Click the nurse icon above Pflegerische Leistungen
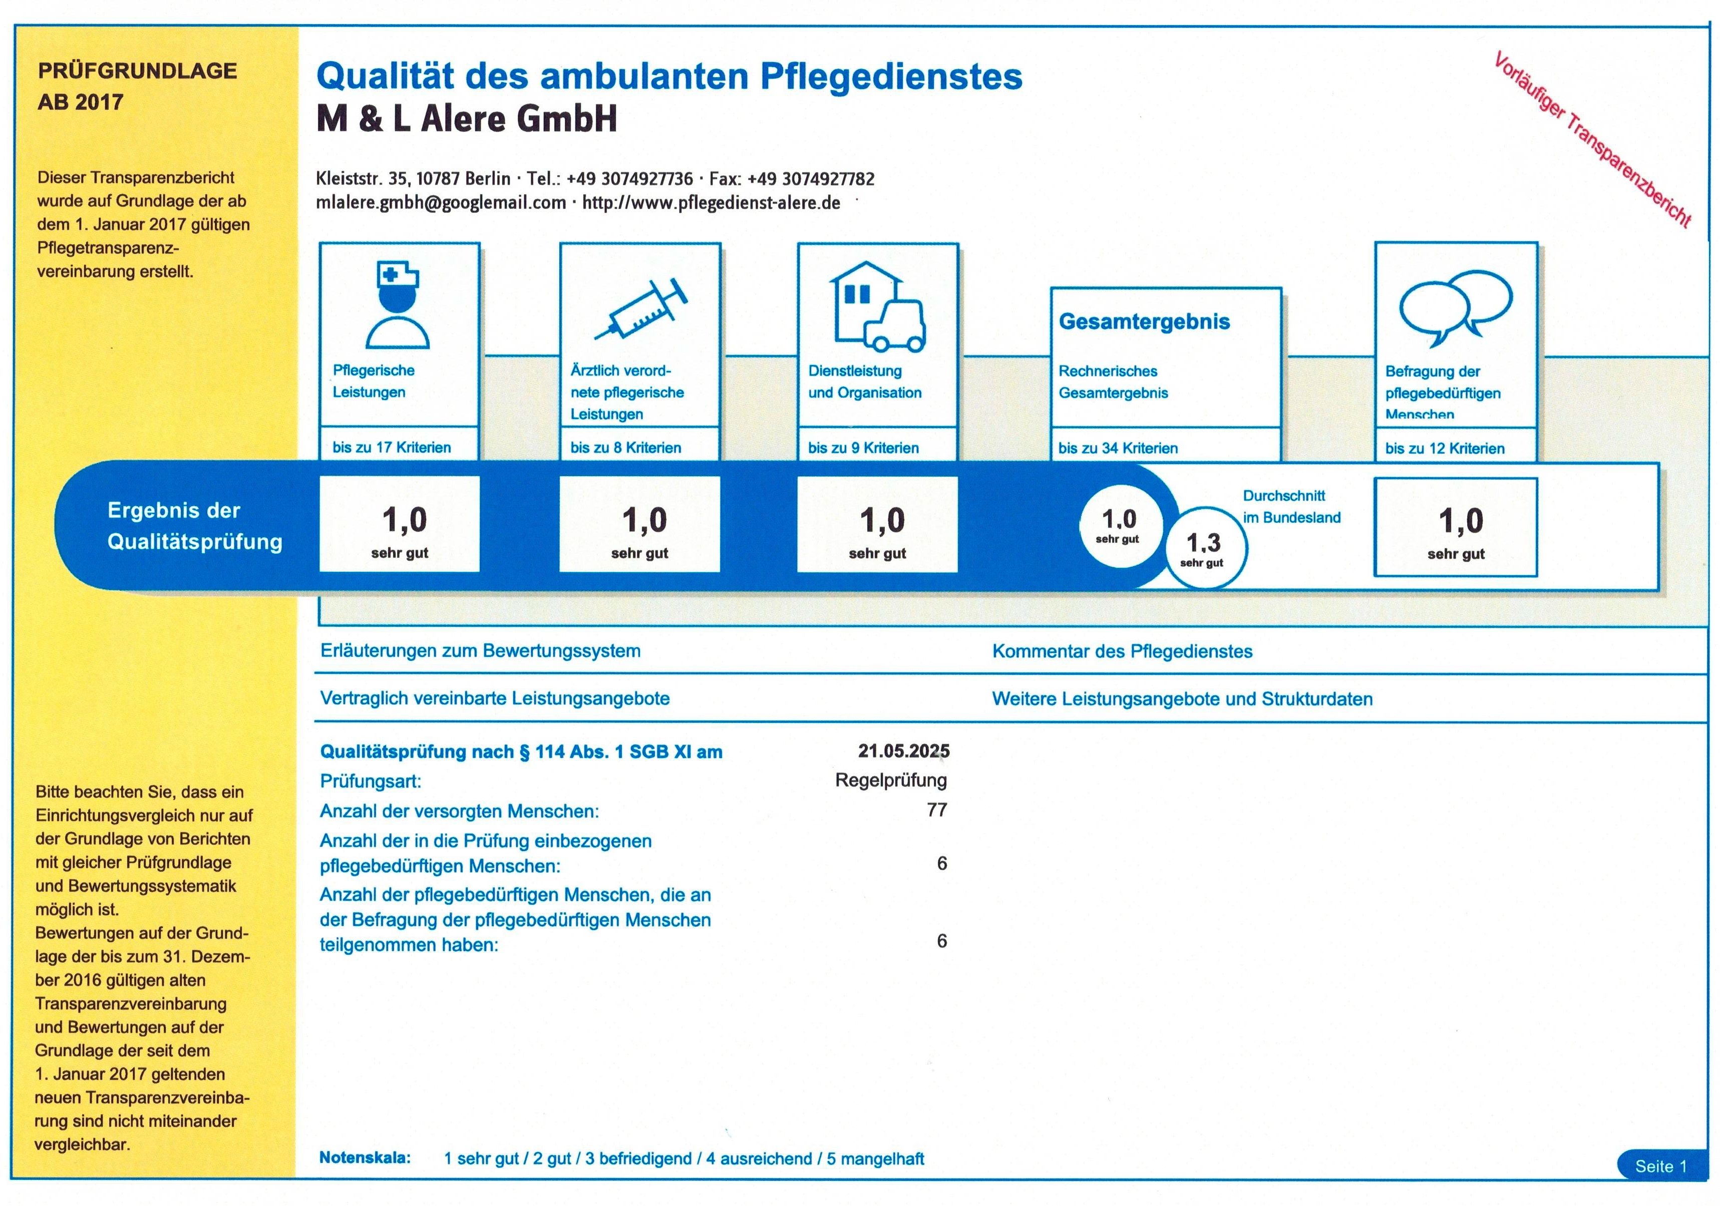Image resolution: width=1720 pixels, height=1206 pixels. [398, 305]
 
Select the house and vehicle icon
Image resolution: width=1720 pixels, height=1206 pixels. [876, 306]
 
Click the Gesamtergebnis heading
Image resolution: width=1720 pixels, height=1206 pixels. [1144, 321]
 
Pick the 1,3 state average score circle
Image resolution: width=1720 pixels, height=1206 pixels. [1205, 548]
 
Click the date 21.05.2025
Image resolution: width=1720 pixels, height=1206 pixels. [903, 750]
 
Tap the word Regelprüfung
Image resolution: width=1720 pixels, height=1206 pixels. [891, 780]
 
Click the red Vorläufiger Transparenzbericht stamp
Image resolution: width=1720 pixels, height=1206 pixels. [1592, 139]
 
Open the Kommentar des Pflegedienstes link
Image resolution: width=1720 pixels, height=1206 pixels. [1122, 651]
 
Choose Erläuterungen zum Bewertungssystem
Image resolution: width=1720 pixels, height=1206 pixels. [480, 650]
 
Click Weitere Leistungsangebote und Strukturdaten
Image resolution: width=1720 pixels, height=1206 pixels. [1182, 699]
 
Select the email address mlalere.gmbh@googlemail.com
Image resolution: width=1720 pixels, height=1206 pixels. [441, 203]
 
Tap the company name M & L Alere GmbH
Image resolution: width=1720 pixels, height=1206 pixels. [467, 118]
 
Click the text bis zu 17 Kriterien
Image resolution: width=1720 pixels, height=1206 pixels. [391, 447]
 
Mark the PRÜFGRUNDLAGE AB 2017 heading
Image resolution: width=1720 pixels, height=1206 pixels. [137, 86]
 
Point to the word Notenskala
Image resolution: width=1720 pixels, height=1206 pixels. [365, 1157]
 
